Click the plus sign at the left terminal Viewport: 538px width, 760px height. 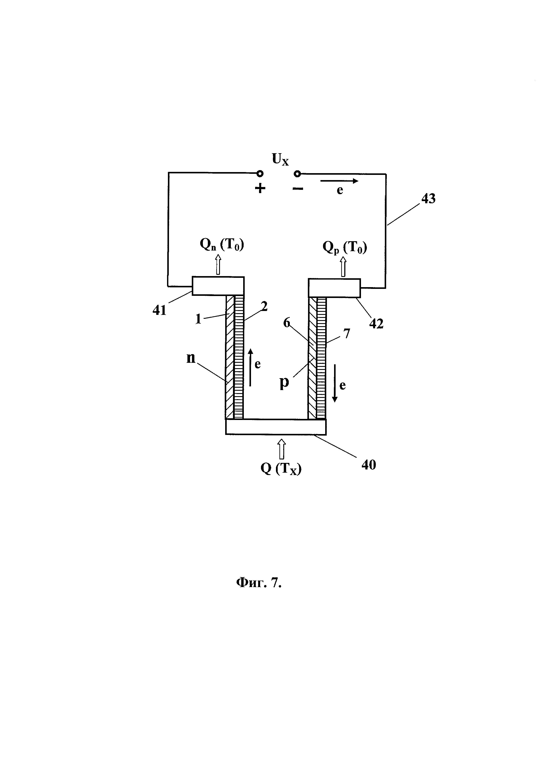pos(260,188)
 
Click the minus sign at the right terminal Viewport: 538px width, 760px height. pos(298,189)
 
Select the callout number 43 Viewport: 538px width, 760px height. pos(428,198)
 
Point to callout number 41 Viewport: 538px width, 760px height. pos(159,310)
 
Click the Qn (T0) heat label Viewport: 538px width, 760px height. pos(222,245)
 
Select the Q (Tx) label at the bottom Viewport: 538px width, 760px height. pos(281,469)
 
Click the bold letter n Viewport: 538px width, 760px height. pos(191,358)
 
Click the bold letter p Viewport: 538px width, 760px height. pos(284,383)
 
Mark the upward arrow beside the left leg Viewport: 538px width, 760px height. pos(250,367)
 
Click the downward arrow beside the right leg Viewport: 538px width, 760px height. pos(335,383)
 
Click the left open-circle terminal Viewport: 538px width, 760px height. pos(260,173)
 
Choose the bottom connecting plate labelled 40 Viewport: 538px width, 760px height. pos(276,427)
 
